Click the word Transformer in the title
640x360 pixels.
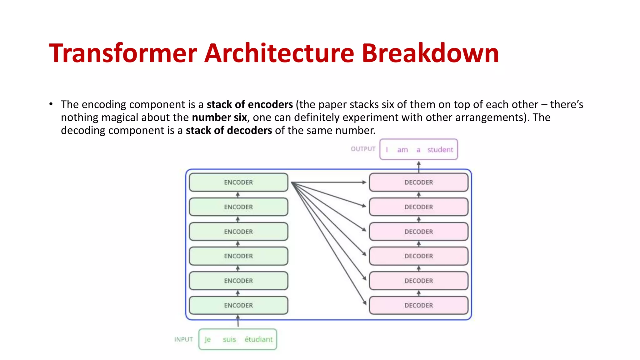pos(123,53)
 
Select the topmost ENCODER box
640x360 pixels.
pos(238,182)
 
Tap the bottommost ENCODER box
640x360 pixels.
pos(238,305)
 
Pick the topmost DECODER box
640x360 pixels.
pos(418,182)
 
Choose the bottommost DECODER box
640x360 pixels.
pos(418,305)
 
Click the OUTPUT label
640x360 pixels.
pos(363,149)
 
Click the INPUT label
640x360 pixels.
pos(183,339)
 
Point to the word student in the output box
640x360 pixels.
pos(440,150)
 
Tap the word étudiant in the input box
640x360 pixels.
pos(258,339)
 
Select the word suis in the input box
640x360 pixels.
pos(229,339)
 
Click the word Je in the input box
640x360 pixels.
pos(207,339)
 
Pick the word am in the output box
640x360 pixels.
pos(402,150)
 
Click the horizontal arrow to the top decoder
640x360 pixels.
pos(328,182)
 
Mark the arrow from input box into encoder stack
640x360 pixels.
pos(238,321)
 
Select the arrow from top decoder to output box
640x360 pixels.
pos(419,166)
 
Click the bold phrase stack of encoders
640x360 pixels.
pos(250,104)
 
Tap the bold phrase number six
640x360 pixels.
pos(219,117)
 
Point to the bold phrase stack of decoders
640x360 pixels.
pos(229,130)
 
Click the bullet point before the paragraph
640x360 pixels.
pos(51,104)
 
